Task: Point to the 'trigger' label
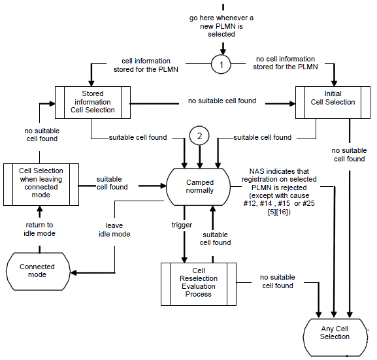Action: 182,225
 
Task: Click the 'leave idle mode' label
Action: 114,230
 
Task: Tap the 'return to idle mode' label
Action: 39,229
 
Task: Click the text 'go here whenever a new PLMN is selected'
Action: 221,26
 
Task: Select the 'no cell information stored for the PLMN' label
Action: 286,63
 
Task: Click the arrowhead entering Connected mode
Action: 73,272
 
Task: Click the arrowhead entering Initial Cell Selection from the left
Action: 292,104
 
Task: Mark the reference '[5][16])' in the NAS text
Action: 279,212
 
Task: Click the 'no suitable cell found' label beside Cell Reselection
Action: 278,282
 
